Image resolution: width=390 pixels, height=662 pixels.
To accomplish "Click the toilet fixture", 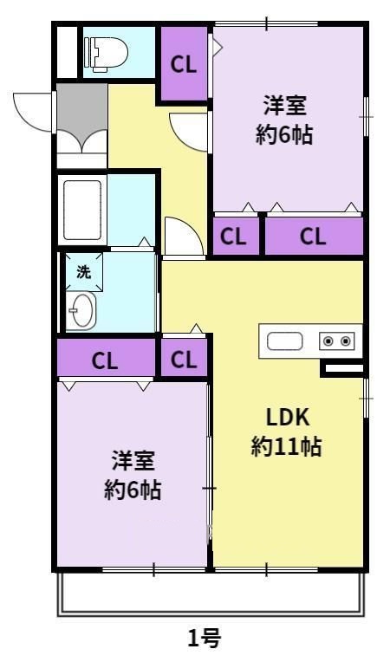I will click(x=105, y=52).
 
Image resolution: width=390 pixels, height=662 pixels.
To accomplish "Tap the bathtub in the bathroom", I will click(x=83, y=210).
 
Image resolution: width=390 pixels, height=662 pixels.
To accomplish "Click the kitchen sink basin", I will click(x=283, y=341).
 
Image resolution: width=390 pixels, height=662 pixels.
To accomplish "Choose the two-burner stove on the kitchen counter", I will click(x=337, y=341).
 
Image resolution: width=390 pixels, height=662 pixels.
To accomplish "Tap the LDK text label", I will click(x=288, y=416).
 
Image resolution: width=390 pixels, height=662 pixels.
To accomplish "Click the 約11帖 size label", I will click(x=287, y=447).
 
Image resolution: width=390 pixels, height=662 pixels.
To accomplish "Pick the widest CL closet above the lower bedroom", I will click(x=106, y=360).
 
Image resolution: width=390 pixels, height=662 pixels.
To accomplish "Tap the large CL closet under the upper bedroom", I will click(x=313, y=236).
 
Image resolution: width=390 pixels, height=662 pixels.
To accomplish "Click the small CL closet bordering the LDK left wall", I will click(x=184, y=360).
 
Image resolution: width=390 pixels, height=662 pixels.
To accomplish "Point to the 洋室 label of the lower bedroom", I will click(x=133, y=460).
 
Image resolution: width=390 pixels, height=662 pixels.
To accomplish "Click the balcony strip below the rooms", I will click(x=209, y=594).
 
